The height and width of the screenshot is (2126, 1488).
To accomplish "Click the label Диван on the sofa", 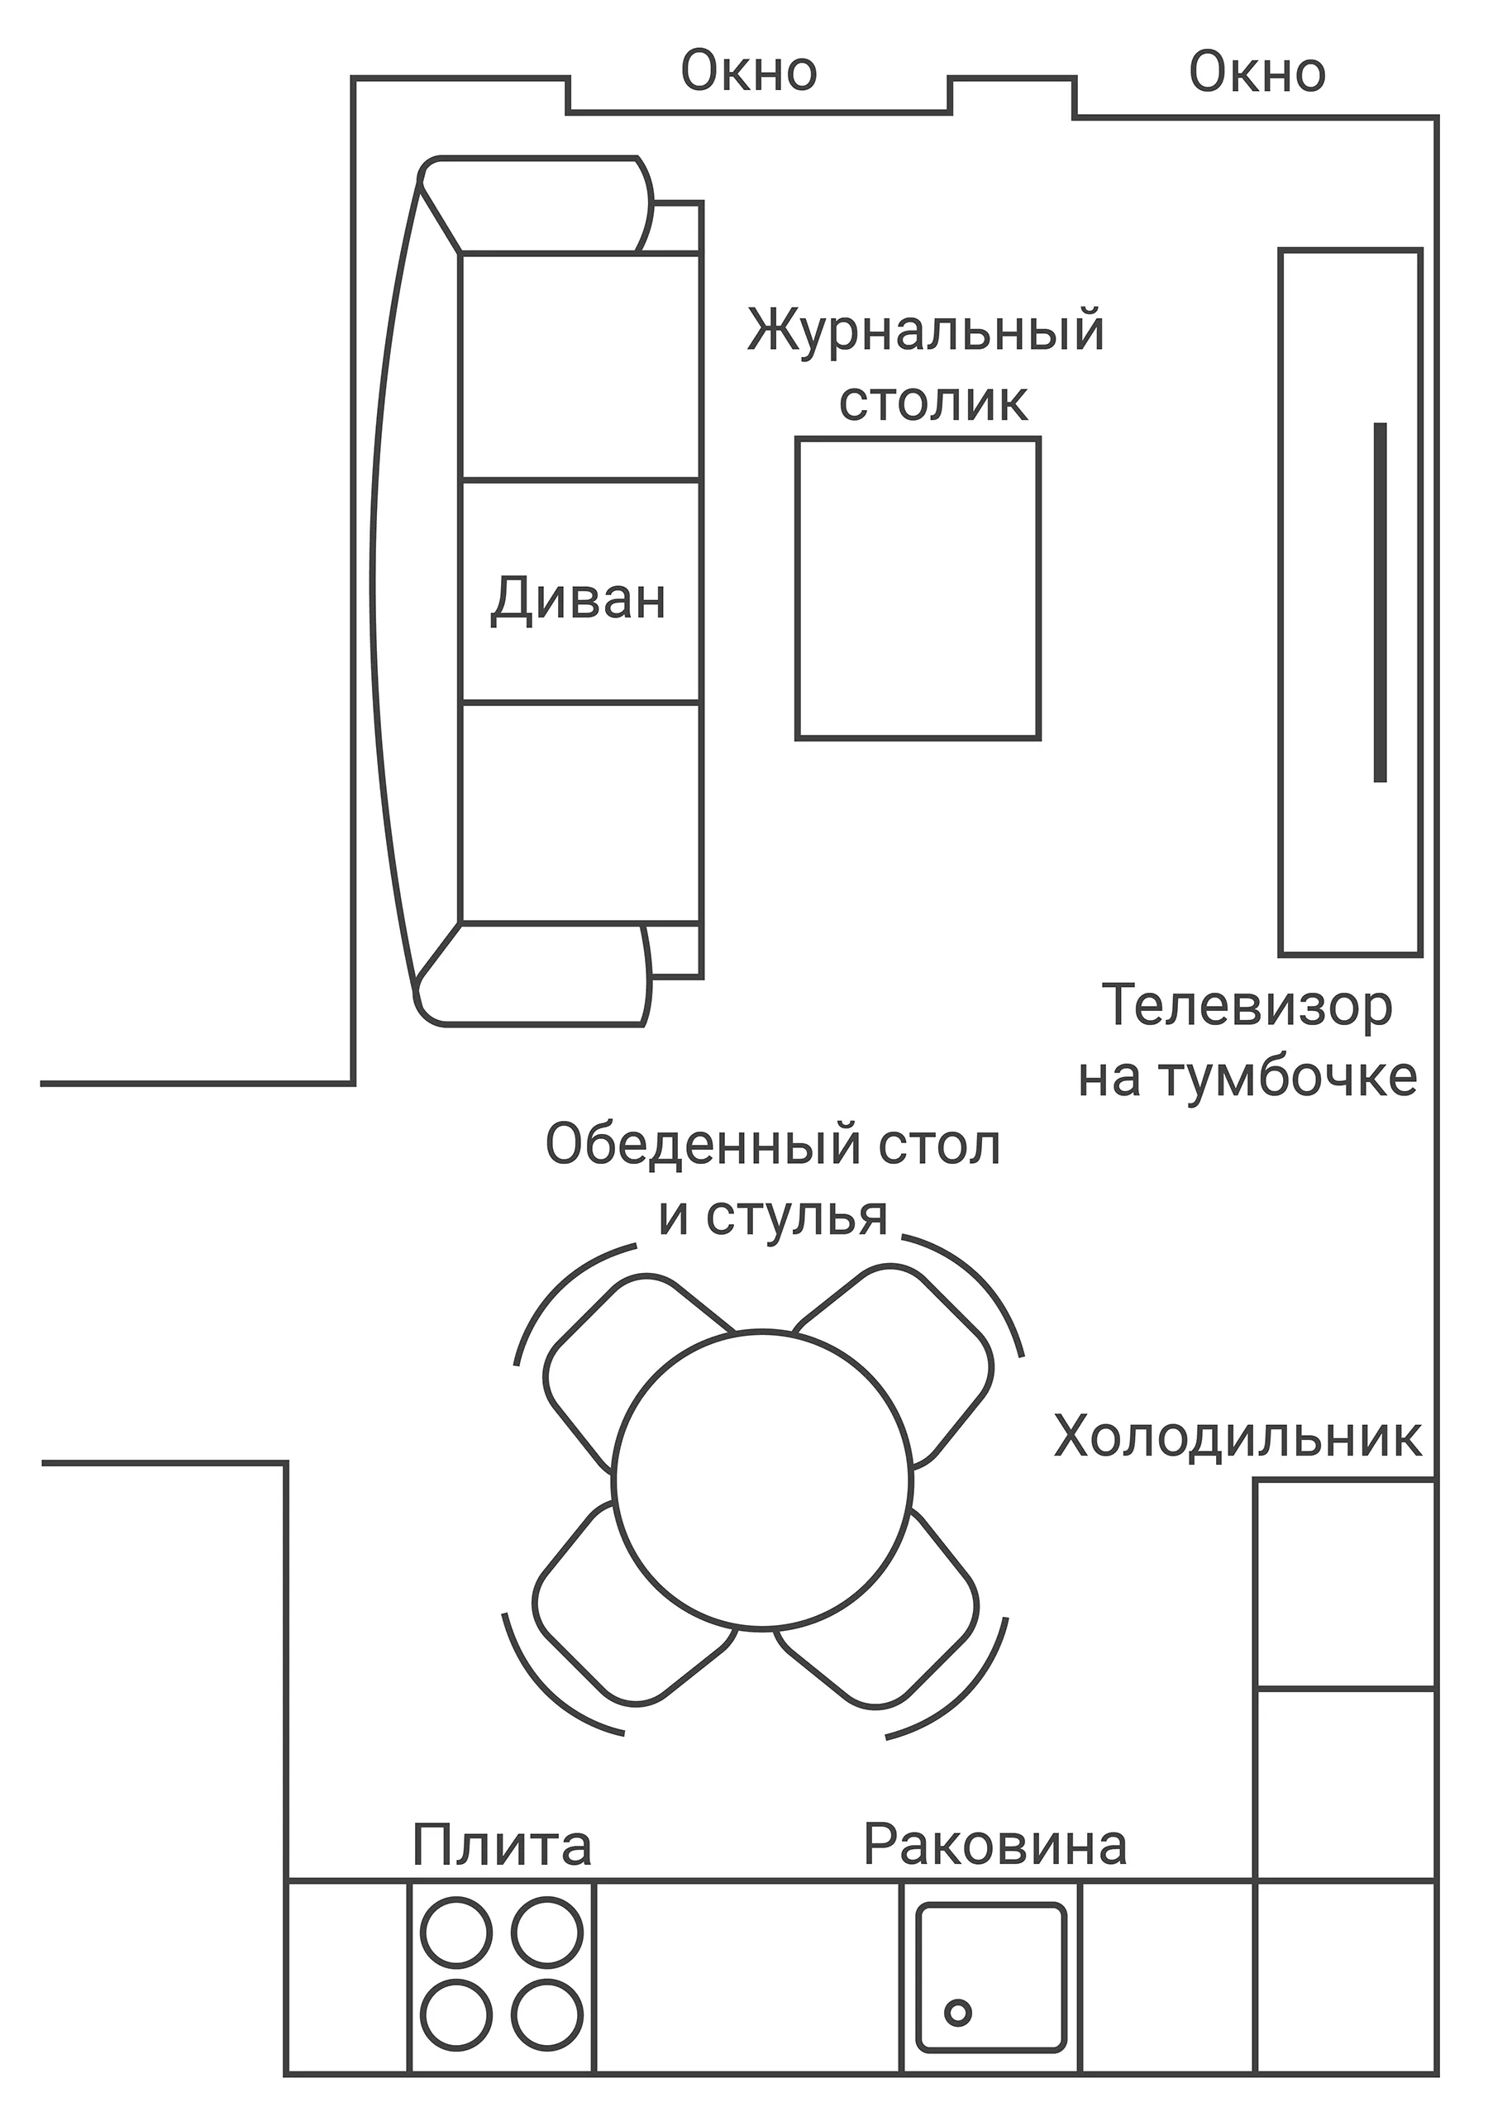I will point(578,599).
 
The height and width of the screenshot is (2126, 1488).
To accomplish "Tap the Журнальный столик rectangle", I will point(918,589).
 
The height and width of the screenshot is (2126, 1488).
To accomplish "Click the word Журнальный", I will point(925,331).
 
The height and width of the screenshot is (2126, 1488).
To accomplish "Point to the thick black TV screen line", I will point(1380,603).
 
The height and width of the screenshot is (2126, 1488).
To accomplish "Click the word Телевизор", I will point(1246,1007).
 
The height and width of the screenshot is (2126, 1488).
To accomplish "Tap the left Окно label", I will point(748,72).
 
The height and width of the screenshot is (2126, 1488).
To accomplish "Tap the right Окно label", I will point(1257,73).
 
